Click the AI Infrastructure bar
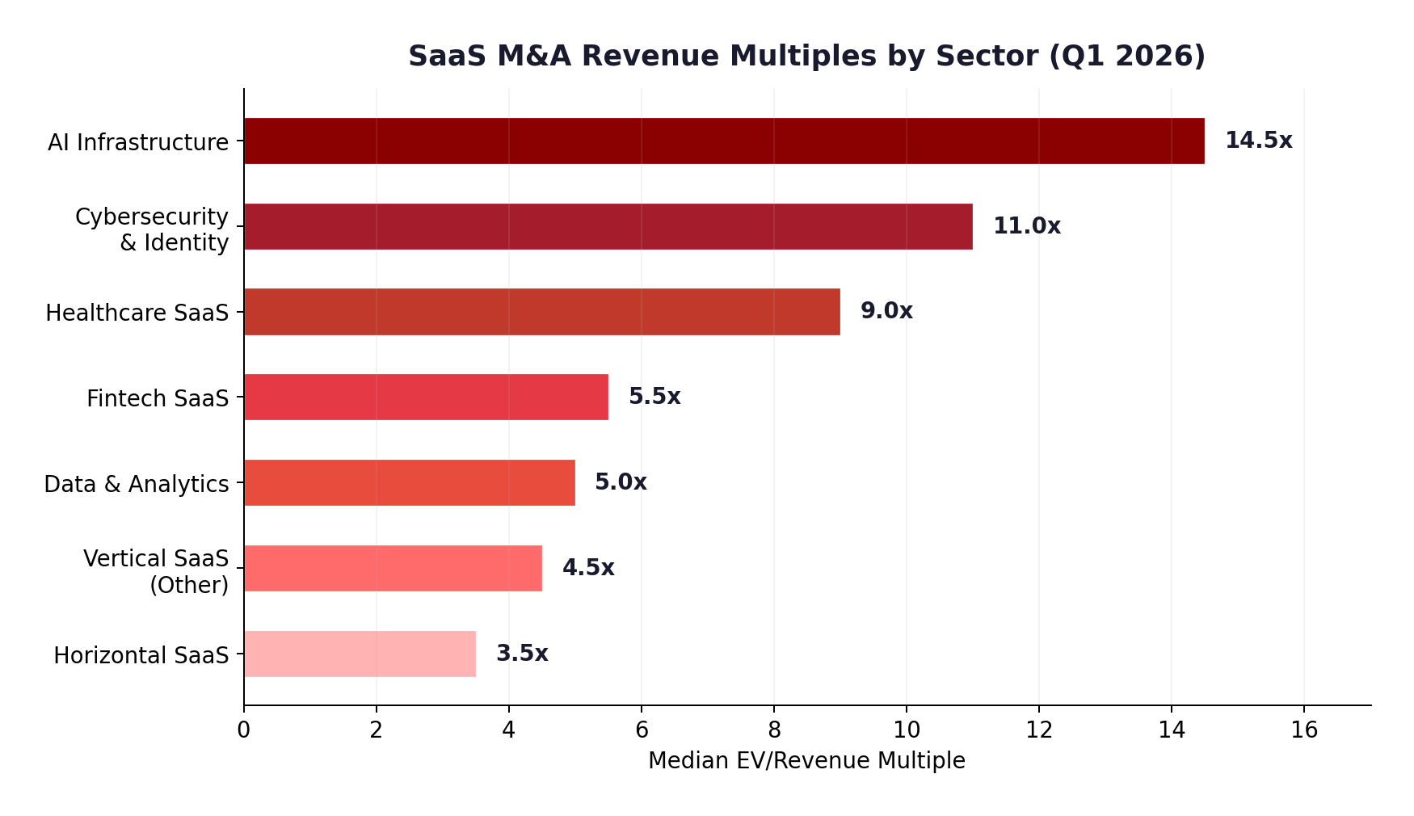click(x=723, y=141)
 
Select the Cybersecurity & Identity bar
click(x=608, y=226)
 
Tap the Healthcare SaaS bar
click(x=541, y=312)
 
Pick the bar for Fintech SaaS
click(x=426, y=397)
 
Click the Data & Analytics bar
click(x=409, y=482)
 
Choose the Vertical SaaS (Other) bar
click(x=393, y=568)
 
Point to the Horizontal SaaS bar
click(x=360, y=654)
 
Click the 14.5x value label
click(x=1258, y=141)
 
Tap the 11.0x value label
click(x=1026, y=226)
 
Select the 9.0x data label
click(x=886, y=311)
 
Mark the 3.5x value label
click(x=522, y=654)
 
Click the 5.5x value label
click(x=654, y=397)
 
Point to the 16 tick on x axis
click(x=1304, y=730)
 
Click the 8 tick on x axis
click(x=774, y=730)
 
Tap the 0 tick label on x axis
click(x=243, y=730)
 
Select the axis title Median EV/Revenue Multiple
click(x=806, y=761)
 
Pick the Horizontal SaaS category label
click(x=141, y=655)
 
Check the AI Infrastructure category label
click(x=138, y=143)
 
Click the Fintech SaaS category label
click(x=158, y=398)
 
